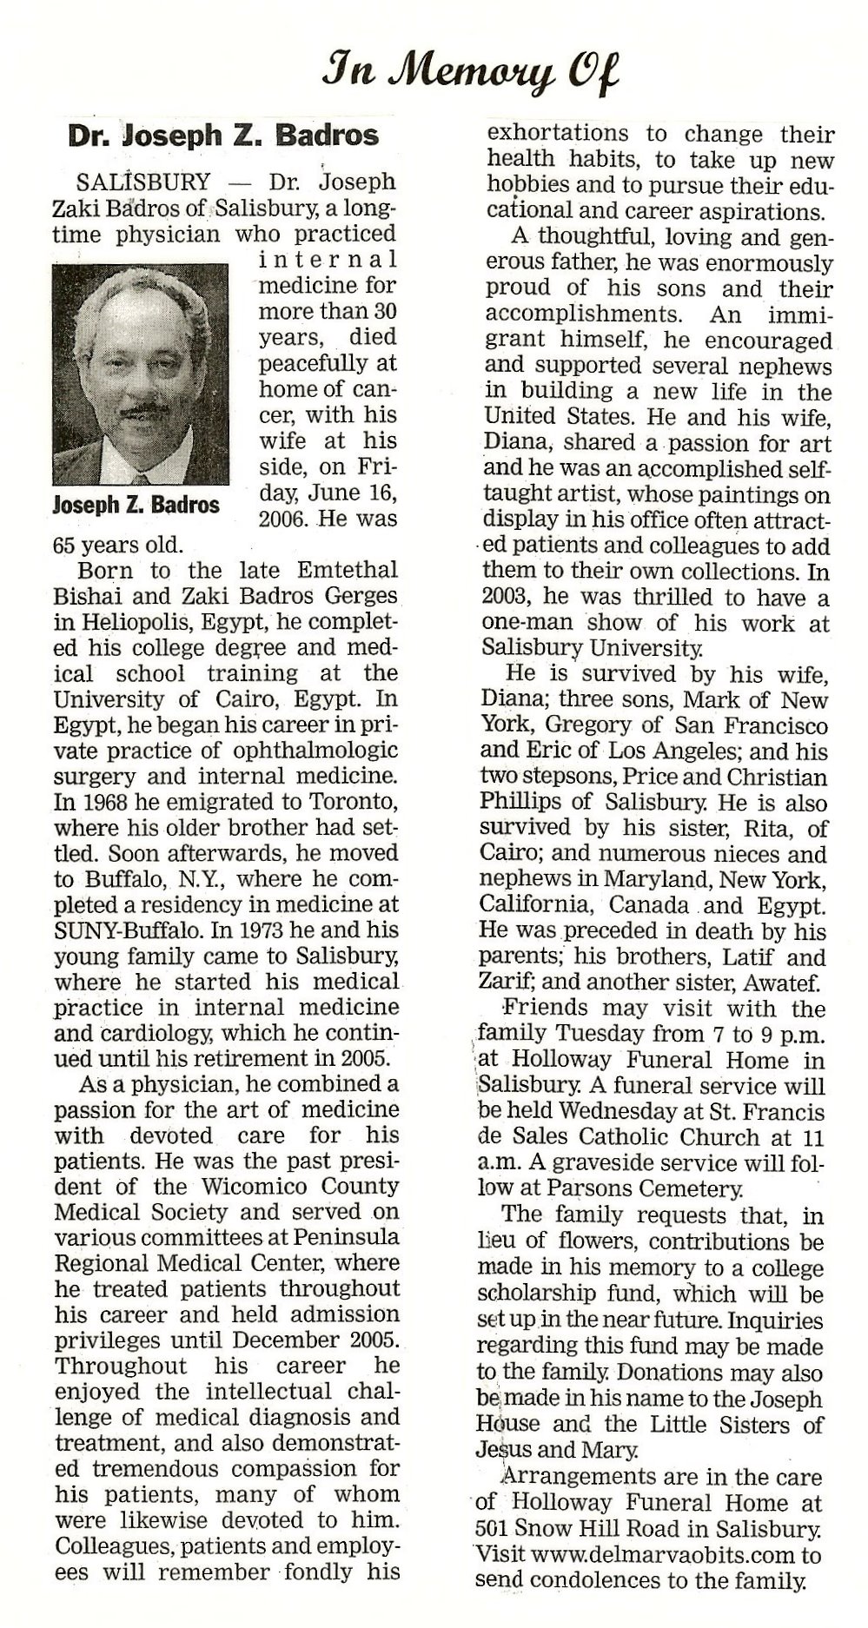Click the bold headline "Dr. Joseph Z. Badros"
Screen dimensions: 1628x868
point(224,136)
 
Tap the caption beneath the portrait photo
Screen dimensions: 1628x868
point(136,505)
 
